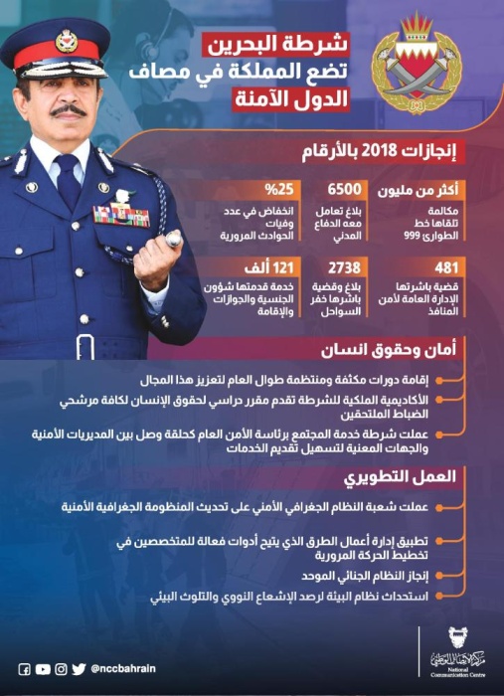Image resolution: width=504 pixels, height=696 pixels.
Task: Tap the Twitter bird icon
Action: (79, 669)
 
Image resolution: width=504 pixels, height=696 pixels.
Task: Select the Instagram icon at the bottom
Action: (61, 669)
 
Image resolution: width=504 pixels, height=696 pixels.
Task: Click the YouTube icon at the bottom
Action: (43, 669)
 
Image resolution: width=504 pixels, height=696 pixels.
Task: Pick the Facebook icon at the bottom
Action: (25, 669)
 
